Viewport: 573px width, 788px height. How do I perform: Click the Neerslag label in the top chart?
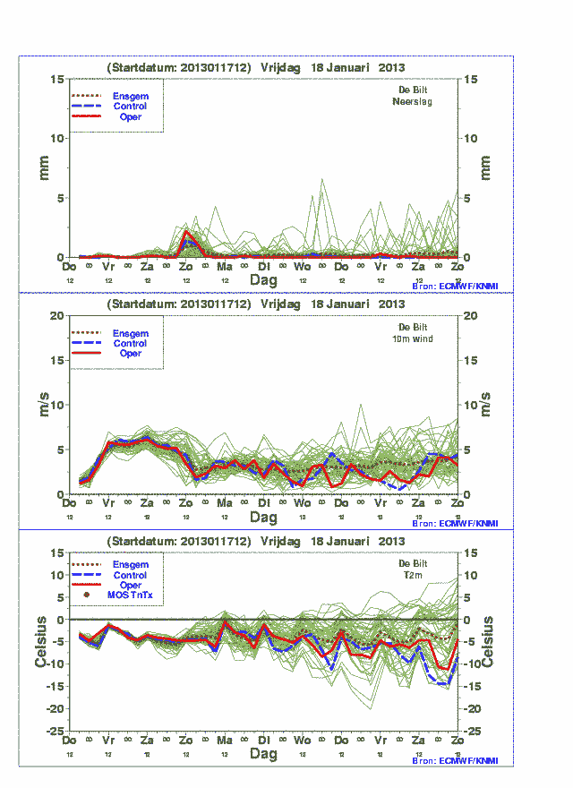(x=412, y=102)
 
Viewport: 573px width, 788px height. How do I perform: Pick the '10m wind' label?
(x=413, y=338)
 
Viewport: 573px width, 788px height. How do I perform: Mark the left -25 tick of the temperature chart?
(x=56, y=731)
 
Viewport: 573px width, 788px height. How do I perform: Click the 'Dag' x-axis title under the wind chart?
(x=263, y=518)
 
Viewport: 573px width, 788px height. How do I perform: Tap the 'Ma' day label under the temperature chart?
(x=224, y=741)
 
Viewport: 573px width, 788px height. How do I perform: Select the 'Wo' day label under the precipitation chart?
(x=303, y=267)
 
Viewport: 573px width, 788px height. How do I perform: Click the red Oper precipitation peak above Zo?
(x=186, y=231)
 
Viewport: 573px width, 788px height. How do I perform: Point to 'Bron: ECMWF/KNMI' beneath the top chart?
(x=455, y=286)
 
